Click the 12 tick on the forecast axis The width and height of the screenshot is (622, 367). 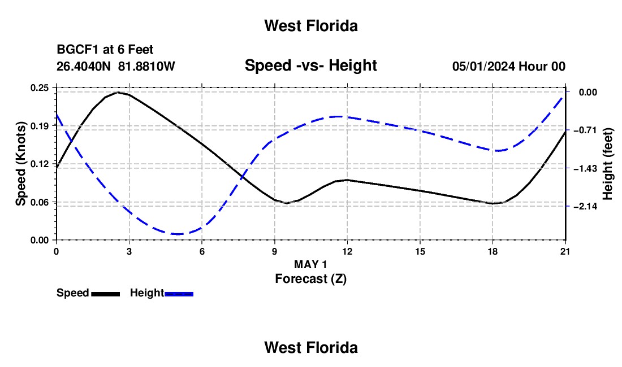(x=348, y=251)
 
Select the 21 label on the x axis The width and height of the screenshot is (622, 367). (x=565, y=251)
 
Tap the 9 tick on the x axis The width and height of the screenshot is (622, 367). (x=275, y=251)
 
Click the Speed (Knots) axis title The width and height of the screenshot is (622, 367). (x=20, y=164)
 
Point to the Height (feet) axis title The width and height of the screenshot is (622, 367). (x=607, y=164)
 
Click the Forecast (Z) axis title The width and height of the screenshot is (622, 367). (x=311, y=279)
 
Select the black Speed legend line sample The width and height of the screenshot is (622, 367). (x=106, y=294)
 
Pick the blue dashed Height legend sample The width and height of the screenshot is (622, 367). (x=179, y=294)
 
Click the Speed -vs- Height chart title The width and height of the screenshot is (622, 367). (x=311, y=65)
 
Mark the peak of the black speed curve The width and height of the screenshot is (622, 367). (x=118, y=92)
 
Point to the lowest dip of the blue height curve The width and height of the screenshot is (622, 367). (x=178, y=234)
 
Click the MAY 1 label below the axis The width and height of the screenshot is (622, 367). (x=310, y=264)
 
